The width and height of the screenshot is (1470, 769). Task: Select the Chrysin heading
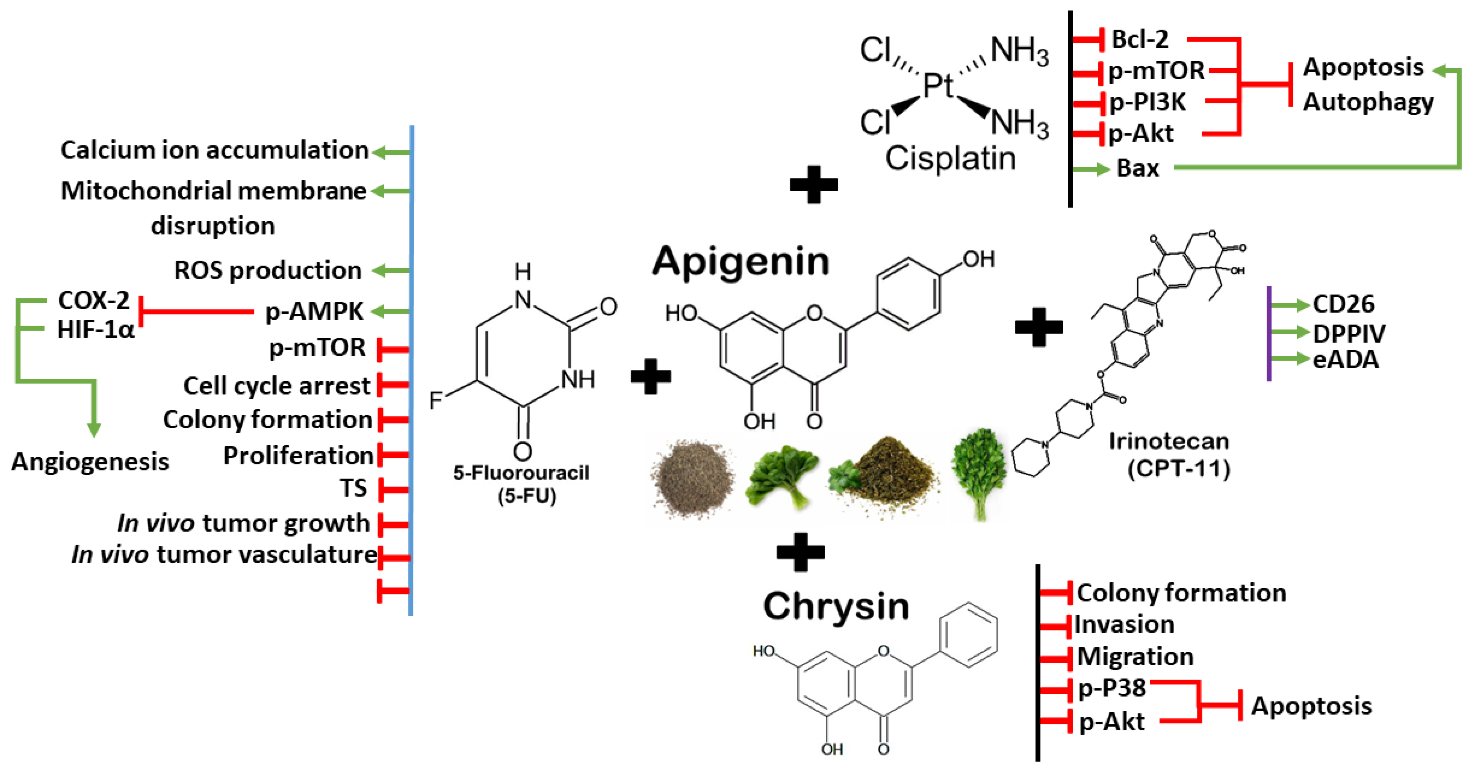pyautogui.click(x=836, y=606)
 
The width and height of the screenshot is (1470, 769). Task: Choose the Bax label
pyautogui.click(x=1137, y=168)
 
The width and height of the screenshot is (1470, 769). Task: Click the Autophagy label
pyautogui.click(x=1368, y=103)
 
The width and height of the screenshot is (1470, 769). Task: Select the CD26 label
pyautogui.click(x=1343, y=304)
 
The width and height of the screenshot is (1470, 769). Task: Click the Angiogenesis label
pyautogui.click(x=90, y=461)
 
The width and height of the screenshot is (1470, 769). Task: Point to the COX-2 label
pyautogui.click(x=94, y=300)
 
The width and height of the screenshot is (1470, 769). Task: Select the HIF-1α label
pyautogui.click(x=96, y=330)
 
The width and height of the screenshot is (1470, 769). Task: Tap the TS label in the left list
pyautogui.click(x=353, y=488)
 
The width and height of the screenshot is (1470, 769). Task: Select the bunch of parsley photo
pyautogui.click(x=978, y=473)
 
